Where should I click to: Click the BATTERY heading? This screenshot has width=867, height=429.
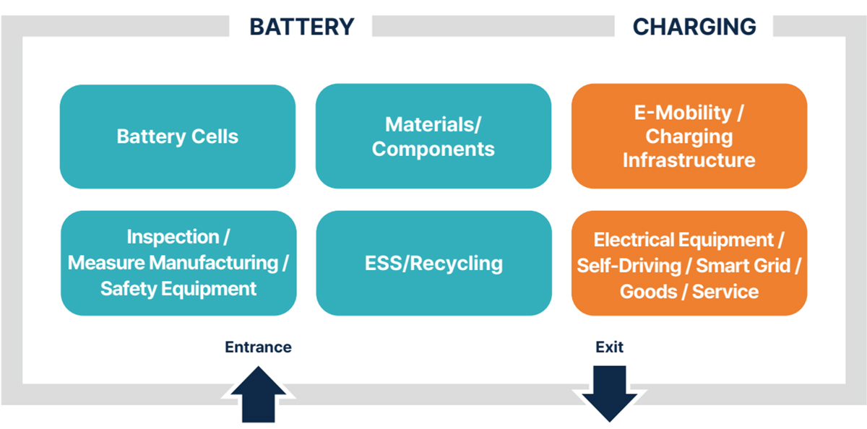(302, 27)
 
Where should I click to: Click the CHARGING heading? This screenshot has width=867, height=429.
(694, 27)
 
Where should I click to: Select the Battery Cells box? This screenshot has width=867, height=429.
(178, 136)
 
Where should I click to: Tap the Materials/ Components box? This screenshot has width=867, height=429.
(433, 136)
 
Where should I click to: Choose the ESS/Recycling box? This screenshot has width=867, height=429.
(433, 264)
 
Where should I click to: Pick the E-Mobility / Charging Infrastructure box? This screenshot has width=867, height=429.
(689, 136)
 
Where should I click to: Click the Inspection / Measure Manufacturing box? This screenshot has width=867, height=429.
(178, 264)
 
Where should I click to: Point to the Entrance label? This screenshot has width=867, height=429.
(258, 347)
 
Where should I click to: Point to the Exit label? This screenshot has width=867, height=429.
(609, 347)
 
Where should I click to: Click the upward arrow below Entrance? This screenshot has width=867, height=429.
(258, 394)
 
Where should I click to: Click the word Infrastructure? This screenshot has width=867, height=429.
(689, 160)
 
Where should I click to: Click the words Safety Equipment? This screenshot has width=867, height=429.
(178, 290)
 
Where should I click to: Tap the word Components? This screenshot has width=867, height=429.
(433, 149)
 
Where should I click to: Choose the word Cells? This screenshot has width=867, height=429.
(215, 136)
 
